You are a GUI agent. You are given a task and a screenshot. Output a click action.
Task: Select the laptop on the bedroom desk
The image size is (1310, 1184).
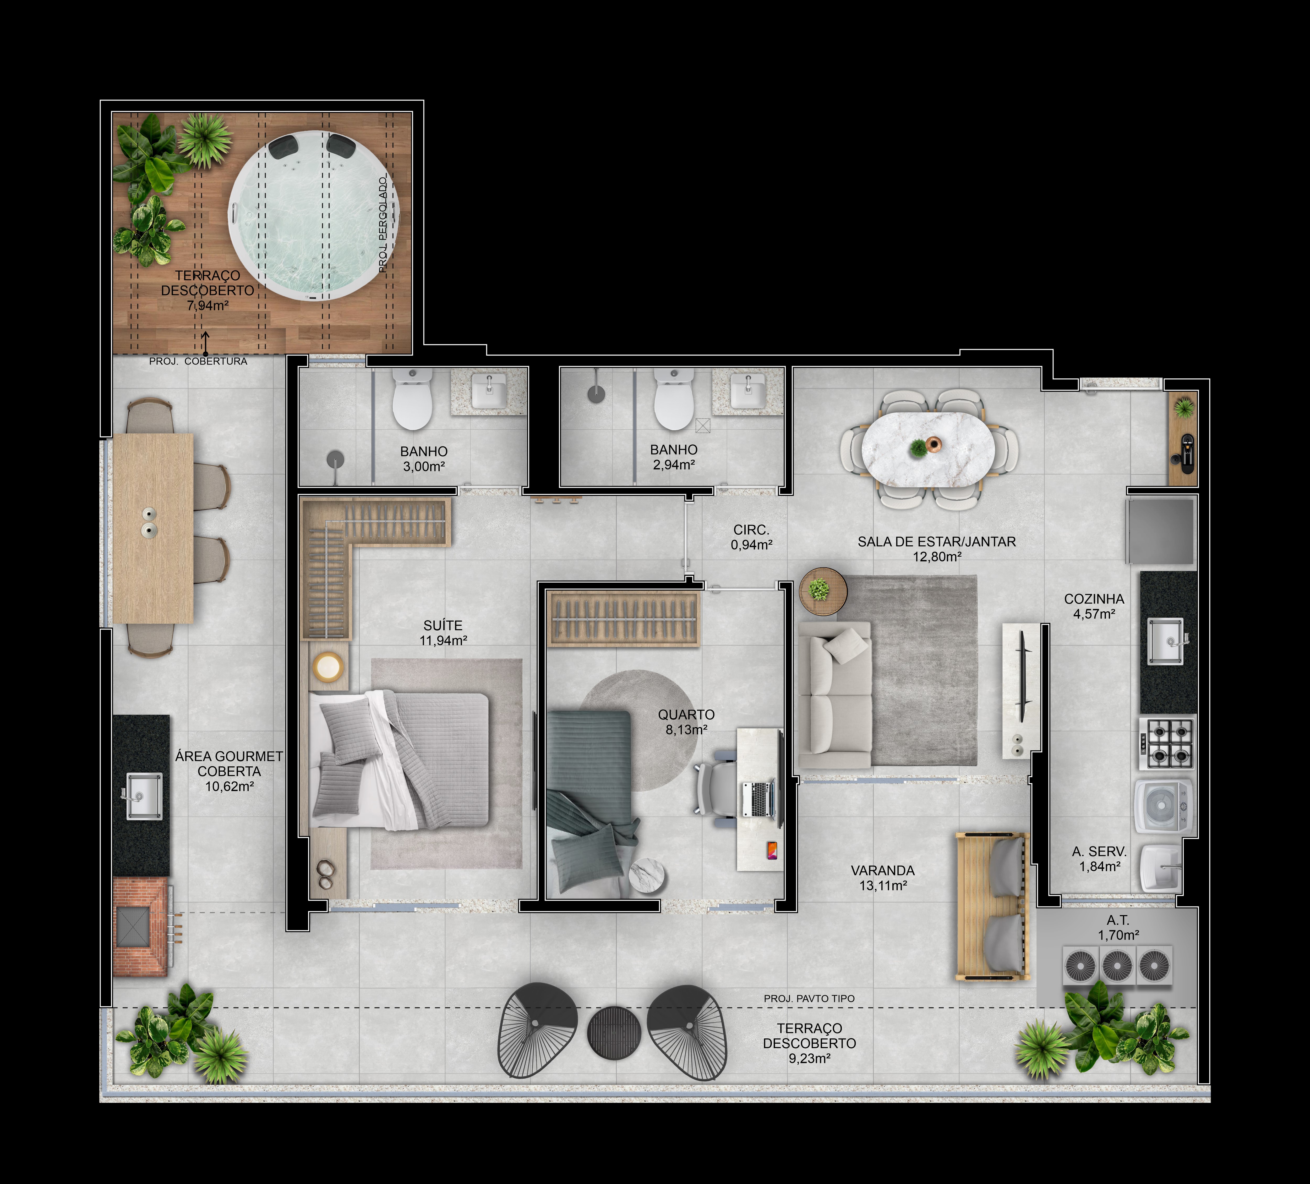758,799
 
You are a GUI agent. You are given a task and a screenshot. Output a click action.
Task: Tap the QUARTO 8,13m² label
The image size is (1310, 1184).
686,722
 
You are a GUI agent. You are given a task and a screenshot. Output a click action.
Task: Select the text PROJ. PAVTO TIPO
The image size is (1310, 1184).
809,998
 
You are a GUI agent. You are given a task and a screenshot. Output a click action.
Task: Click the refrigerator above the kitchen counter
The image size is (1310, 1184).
1161,531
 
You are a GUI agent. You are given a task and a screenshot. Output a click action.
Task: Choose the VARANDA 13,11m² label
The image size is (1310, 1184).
882,877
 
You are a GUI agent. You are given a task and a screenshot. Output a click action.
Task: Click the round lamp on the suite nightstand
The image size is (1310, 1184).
328,666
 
